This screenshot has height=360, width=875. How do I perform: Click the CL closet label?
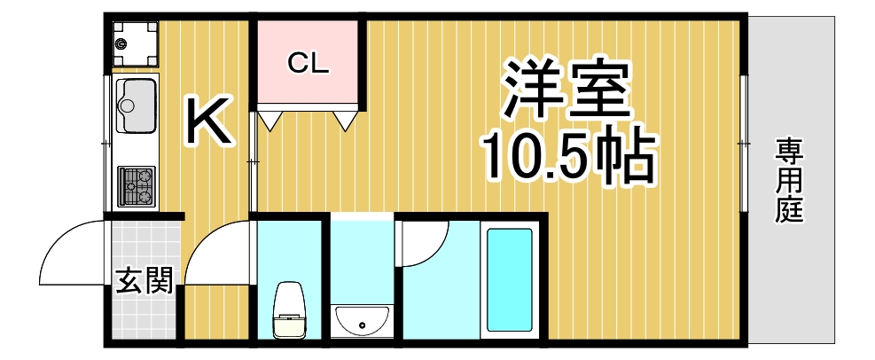[308, 63]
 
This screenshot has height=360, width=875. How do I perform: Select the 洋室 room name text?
[567, 90]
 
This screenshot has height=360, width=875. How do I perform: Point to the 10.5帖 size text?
[567, 157]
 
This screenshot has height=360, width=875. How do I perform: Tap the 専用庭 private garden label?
[788, 181]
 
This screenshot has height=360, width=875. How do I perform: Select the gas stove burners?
[136, 185]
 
